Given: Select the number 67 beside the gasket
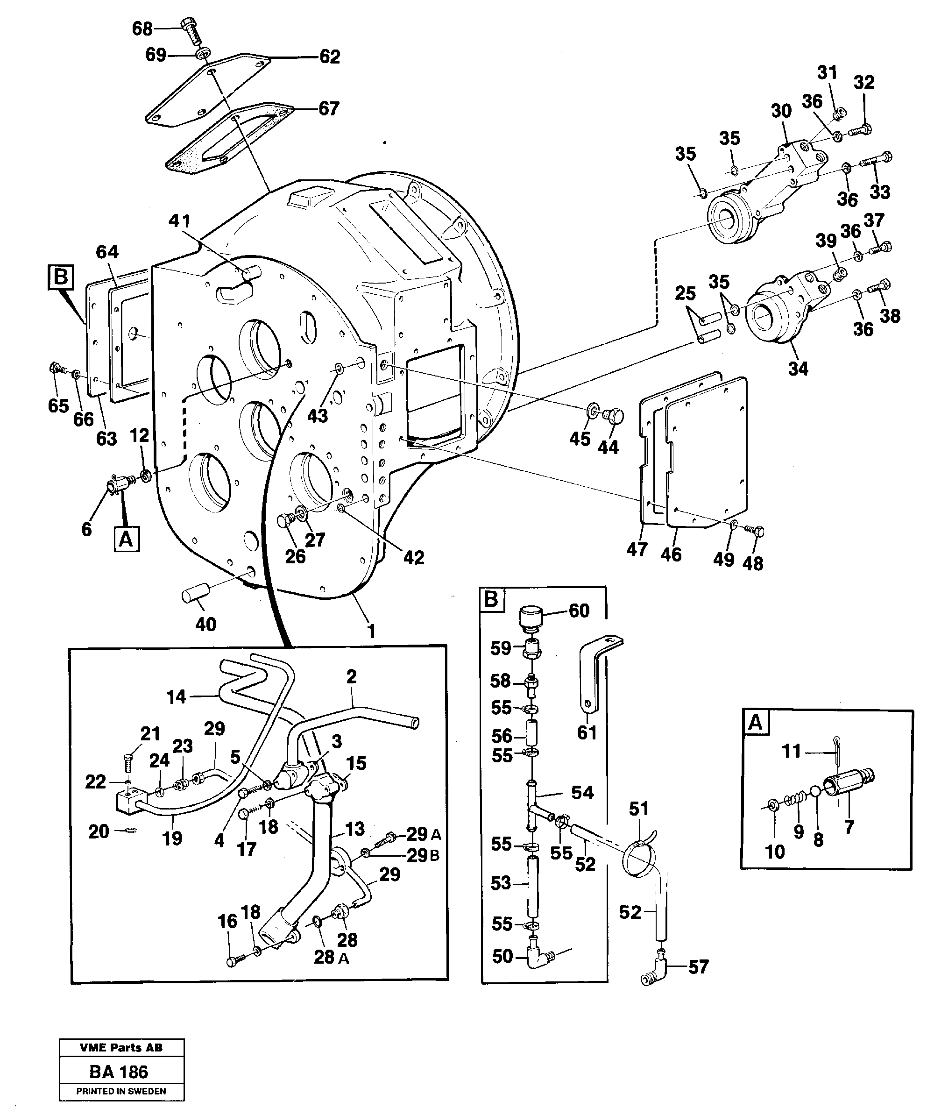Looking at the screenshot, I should coord(329,108).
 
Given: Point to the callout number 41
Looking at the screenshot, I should coord(179,220).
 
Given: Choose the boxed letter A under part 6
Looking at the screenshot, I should coord(127,539).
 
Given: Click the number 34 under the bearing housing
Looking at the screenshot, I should coord(798,368).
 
